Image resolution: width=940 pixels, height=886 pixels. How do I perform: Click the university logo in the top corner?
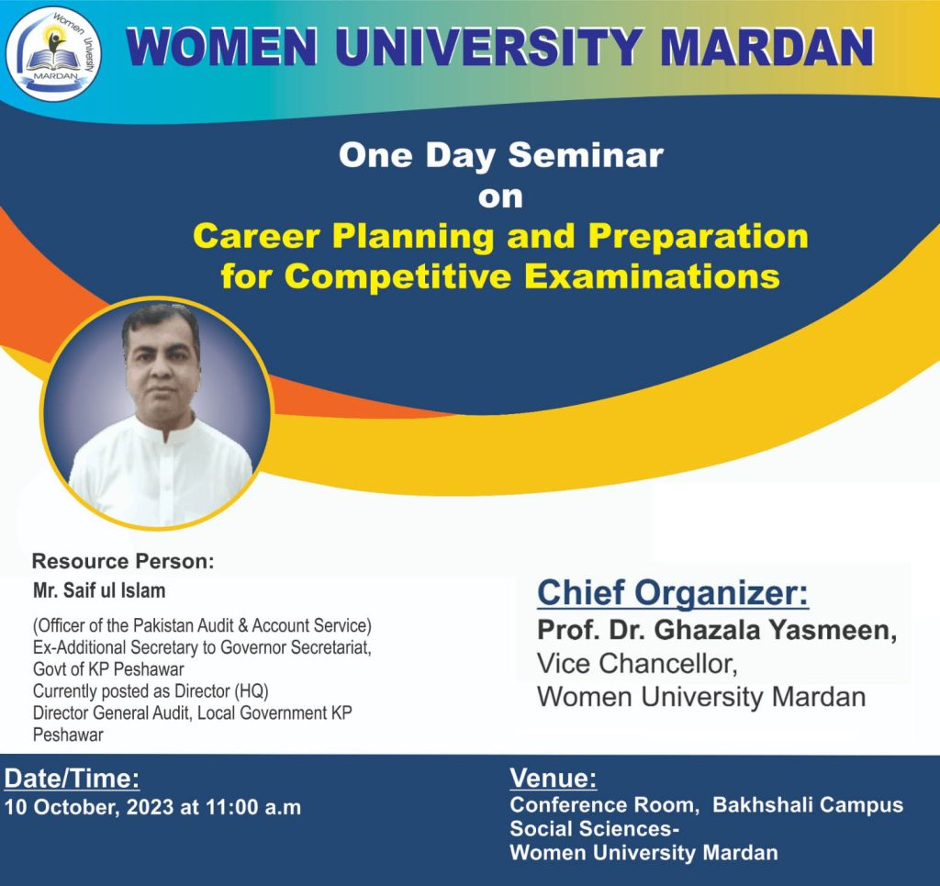pos(53,53)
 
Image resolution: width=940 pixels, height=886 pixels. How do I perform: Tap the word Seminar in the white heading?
pos(586,155)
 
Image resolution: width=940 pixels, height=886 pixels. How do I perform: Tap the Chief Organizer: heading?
pos(673,592)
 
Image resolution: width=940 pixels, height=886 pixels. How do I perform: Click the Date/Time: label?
pos(73,779)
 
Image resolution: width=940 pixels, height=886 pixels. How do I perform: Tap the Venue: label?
pos(553,779)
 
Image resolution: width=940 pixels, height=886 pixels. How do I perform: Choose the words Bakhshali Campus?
pos(808,805)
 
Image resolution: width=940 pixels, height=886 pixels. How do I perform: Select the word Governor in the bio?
pos(245,646)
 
